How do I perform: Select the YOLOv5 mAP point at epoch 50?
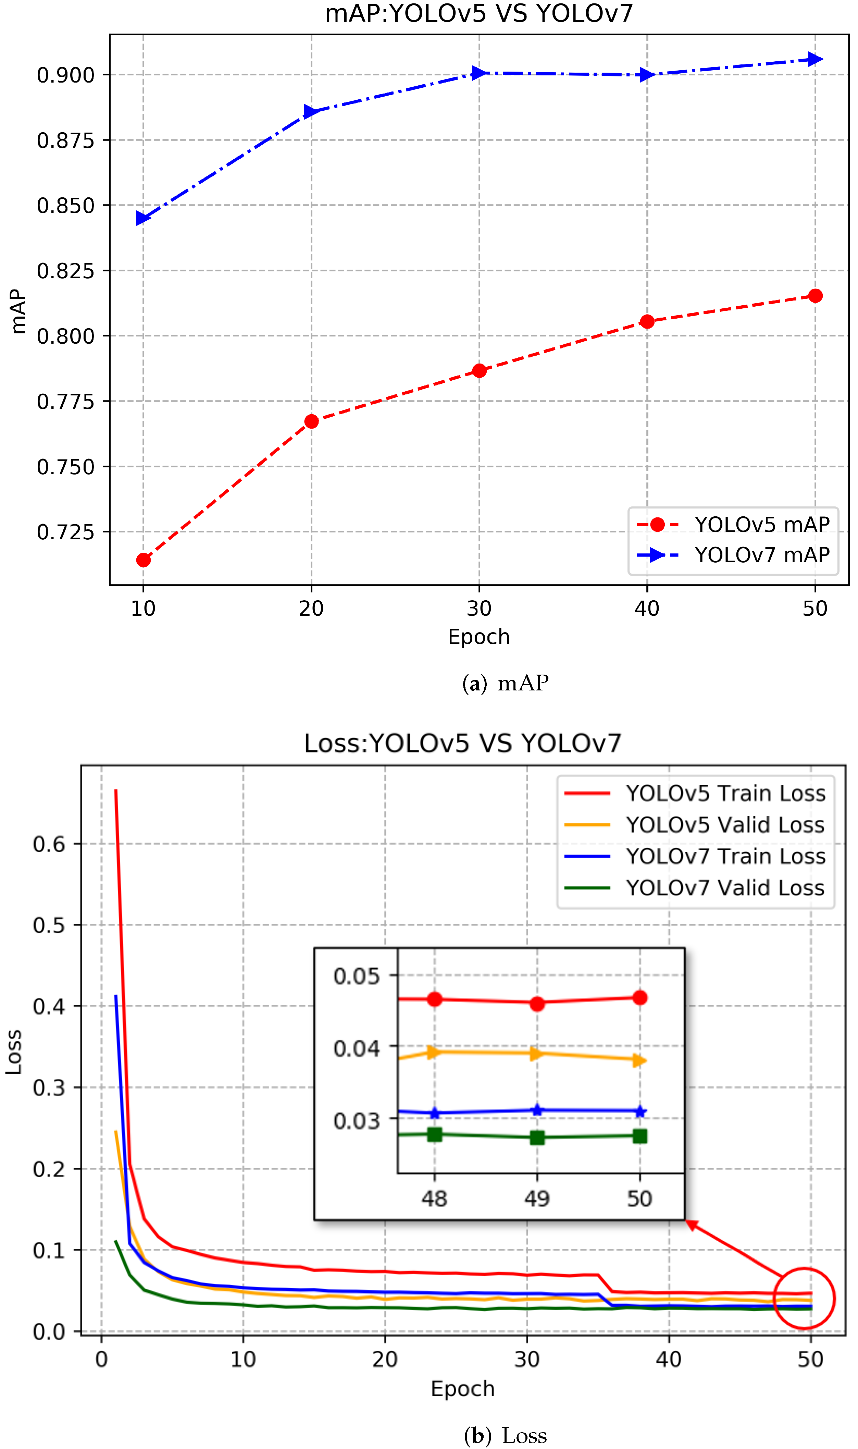click(815, 296)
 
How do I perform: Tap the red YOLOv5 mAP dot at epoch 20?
click(312, 421)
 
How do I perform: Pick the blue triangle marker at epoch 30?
click(479, 73)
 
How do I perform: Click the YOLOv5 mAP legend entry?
click(733, 525)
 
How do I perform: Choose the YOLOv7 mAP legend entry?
click(733, 555)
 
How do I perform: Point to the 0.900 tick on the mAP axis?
click(65, 75)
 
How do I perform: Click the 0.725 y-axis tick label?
click(65, 532)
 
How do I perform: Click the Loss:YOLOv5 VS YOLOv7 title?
click(462, 744)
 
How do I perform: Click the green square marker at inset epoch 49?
click(537, 1137)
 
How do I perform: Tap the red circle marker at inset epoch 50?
click(639, 997)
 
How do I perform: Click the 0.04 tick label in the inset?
click(356, 1048)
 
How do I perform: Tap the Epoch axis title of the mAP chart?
click(479, 637)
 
